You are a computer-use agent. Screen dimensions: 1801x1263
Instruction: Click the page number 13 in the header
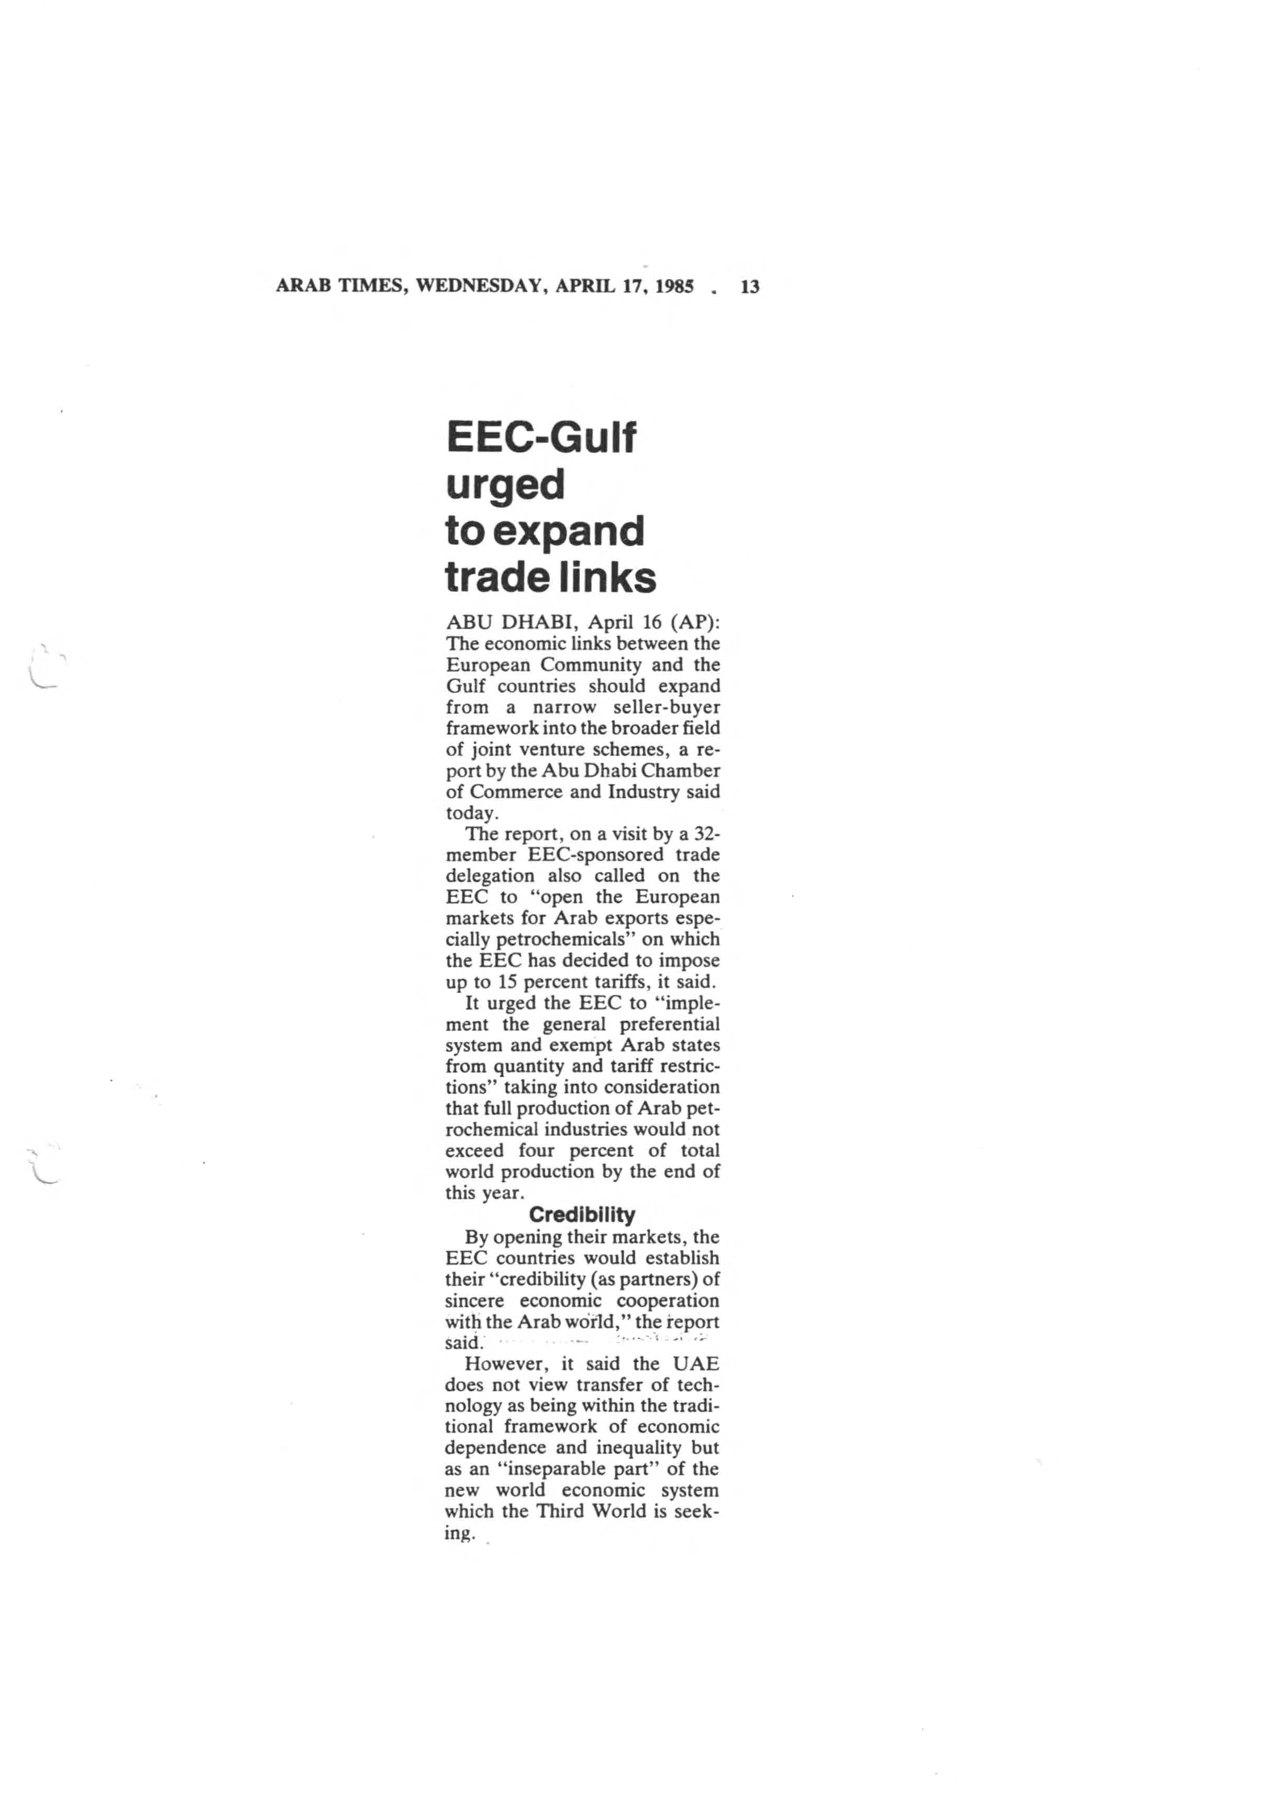[x=749, y=287]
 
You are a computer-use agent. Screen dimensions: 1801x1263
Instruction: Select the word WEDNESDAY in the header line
[x=481, y=287]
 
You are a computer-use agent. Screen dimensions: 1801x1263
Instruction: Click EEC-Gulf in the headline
[x=540, y=438]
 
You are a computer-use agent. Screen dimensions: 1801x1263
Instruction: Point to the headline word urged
[x=505, y=486]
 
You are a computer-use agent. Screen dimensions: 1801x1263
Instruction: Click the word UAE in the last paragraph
[x=695, y=1364]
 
